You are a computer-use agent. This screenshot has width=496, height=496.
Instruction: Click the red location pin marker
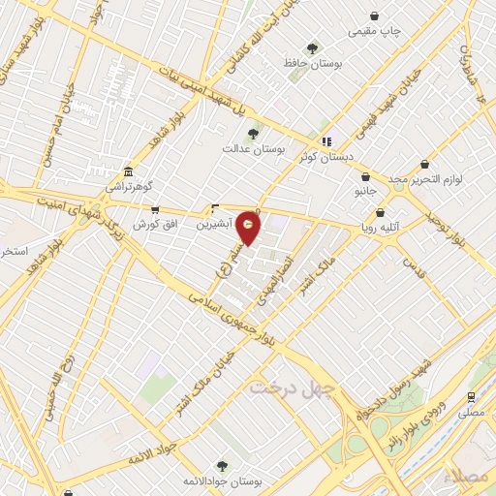pyautogui.click(x=249, y=228)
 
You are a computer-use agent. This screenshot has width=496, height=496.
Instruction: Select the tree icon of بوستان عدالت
pyautogui.click(x=254, y=133)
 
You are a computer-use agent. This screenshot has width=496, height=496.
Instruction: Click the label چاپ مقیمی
pyautogui.click(x=375, y=30)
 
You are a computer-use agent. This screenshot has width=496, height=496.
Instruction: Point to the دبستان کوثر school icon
pyautogui.click(x=328, y=140)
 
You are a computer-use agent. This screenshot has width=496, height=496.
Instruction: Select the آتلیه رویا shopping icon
pyautogui.click(x=380, y=212)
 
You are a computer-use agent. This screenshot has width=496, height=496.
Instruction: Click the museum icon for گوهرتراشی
pyautogui.click(x=129, y=170)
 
